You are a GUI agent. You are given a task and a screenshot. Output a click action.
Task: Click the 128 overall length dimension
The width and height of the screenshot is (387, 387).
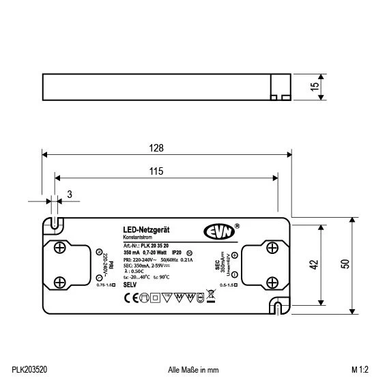coord(158,147)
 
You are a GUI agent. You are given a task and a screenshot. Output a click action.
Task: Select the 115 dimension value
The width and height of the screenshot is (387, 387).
coord(158,173)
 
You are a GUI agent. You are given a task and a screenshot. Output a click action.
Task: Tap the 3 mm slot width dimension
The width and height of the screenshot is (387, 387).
coord(70,195)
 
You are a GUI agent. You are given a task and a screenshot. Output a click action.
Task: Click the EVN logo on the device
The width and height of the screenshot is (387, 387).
coord(218,231)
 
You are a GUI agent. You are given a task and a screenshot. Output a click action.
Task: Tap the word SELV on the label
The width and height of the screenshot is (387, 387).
coord(130,283)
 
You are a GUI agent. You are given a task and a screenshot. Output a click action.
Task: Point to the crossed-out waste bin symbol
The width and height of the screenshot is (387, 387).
coord(200,297)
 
